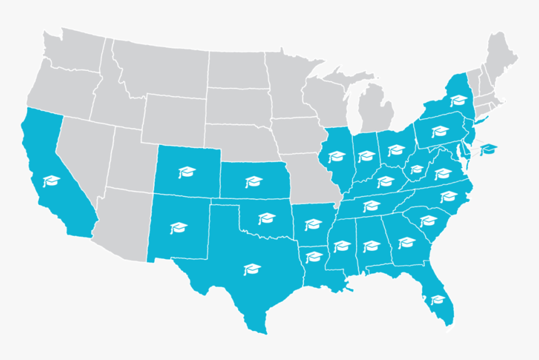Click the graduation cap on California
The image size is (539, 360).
pyautogui.click(x=50, y=182)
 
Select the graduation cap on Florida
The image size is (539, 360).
pyautogui.click(x=438, y=299)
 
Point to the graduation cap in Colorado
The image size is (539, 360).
pyautogui.click(x=186, y=171)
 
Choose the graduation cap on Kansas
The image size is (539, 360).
pyautogui.click(x=253, y=182)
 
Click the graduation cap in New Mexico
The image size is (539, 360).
pyautogui.click(x=179, y=227)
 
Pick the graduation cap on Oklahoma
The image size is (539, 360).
pyautogui.click(x=267, y=218)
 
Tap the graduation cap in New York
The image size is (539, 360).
pyautogui.click(x=460, y=100)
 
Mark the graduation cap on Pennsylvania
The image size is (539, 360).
pyautogui.click(x=440, y=130)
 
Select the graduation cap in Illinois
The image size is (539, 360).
pyautogui.click(x=337, y=156)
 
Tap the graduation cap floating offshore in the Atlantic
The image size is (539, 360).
pyautogui.click(x=489, y=149)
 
